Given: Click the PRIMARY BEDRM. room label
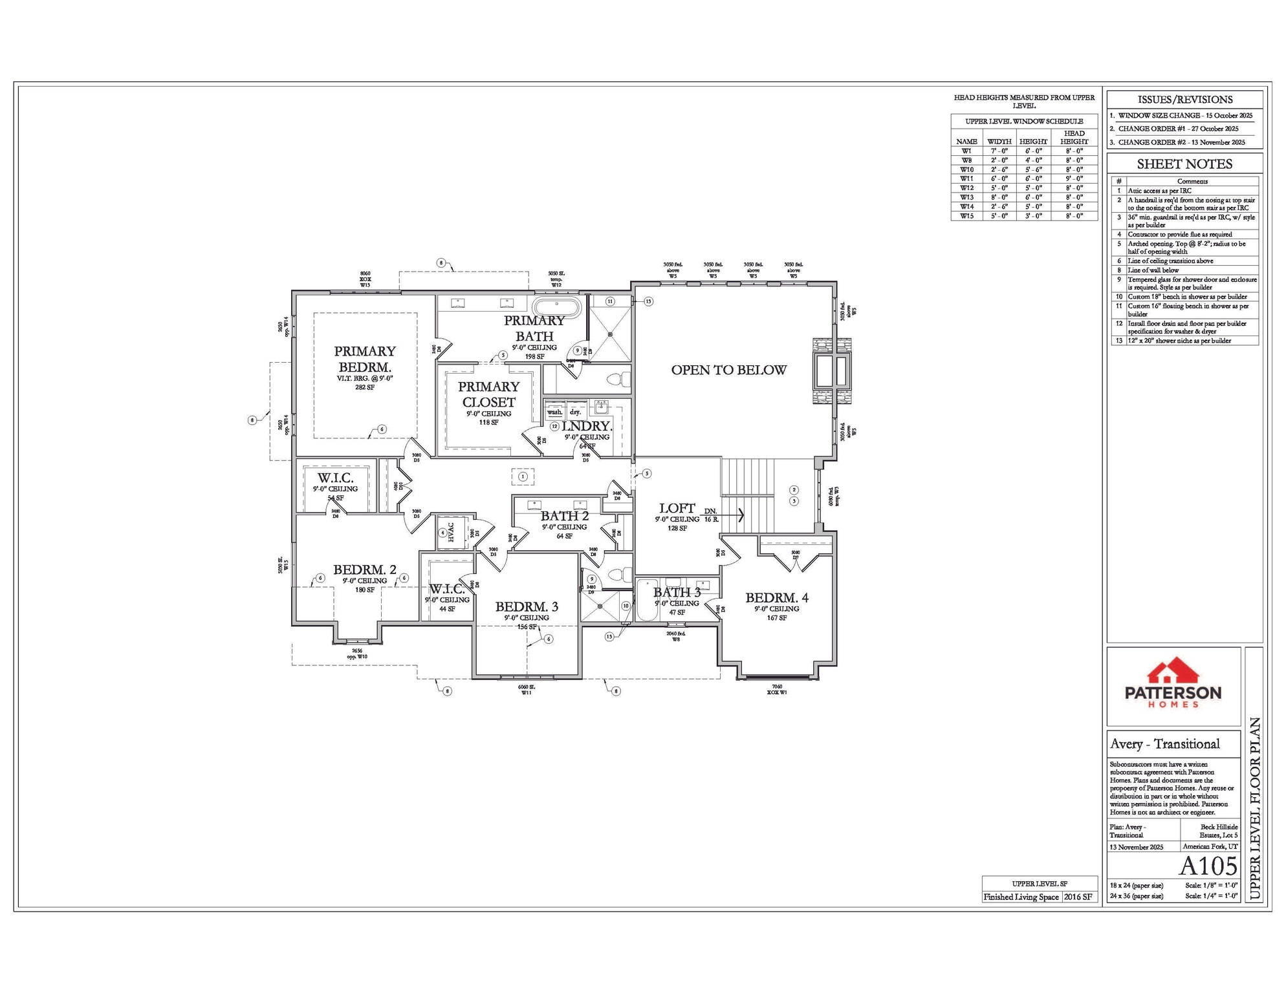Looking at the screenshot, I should click(x=364, y=359).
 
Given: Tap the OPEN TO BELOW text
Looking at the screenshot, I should click(x=728, y=370).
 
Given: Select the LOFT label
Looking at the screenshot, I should click(x=677, y=509).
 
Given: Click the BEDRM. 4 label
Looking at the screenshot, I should click(x=776, y=599).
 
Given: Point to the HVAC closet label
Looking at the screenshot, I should click(x=452, y=533).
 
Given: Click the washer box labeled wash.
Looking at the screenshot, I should click(x=554, y=412).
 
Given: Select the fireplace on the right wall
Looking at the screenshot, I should click(x=832, y=371).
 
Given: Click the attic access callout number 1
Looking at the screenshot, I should click(x=523, y=477).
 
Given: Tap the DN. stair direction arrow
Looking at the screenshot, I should click(x=739, y=515).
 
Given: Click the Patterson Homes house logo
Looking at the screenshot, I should click(x=1173, y=672).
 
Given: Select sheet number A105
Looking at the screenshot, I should click(x=1208, y=866).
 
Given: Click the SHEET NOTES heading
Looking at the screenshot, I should click(x=1184, y=164).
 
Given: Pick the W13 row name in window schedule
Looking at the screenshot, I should click(x=966, y=197).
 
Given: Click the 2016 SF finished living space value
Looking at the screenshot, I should click(x=1079, y=897).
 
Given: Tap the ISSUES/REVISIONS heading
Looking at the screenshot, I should click(x=1184, y=100).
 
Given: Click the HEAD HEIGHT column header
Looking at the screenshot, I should click(x=1074, y=137).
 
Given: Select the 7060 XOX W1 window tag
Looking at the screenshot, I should click(x=777, y=689).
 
